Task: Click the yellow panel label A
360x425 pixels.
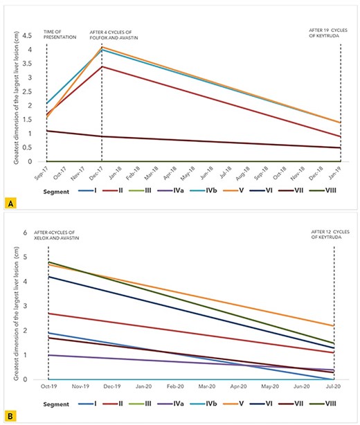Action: [x=9, y=203]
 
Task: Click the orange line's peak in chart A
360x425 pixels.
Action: [x=102, y=47]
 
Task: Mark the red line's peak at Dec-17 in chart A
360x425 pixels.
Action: [x=102, y=66]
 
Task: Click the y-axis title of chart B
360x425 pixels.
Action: [x=12, y=305]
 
